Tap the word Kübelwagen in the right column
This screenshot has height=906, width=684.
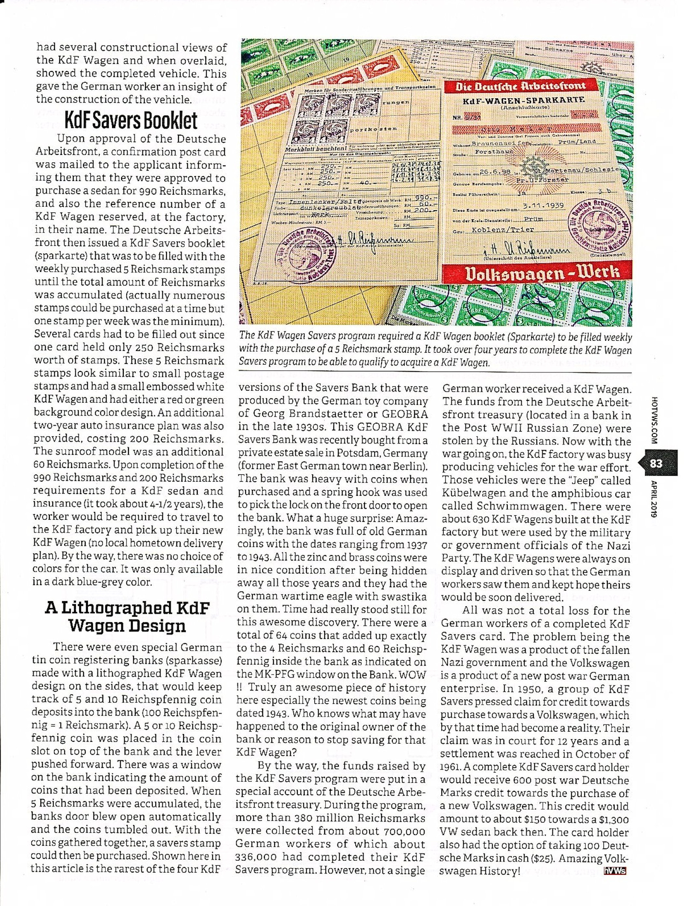click(x=471, y=494)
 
